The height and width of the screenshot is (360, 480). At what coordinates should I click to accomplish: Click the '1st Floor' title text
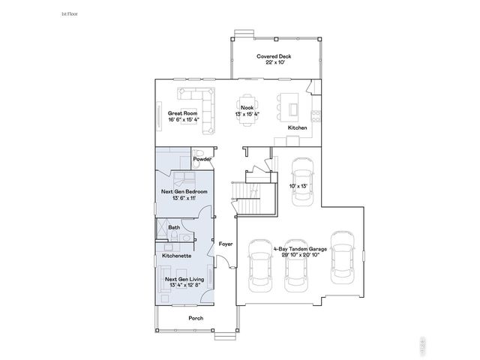click(x=69, y=14)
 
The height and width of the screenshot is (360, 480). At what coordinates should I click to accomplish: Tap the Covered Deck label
click(x=273, y=56)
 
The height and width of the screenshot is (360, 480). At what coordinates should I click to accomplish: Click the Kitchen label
click(x=298, y=128)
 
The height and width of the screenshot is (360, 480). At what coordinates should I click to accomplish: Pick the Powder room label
click(x=201, y=160)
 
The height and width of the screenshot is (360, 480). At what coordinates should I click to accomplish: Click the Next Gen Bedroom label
click(x=184, y=192)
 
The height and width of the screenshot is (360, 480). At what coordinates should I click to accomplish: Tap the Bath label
click(x=174, y=227)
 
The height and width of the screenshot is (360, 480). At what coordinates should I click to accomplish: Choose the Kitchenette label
click(x=176, y=256)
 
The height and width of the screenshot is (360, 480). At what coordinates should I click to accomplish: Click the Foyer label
click(x=225, y=244)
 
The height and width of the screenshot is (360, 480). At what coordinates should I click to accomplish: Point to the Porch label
click(x=196, y=318)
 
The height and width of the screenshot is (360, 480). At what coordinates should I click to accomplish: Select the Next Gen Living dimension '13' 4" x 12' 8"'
click(x=184, y=286)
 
